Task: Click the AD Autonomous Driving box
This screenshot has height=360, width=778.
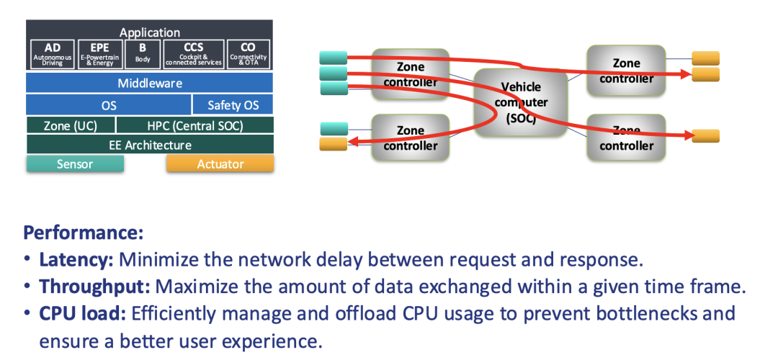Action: coord(53,54)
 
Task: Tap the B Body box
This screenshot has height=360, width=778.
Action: coord(143,54)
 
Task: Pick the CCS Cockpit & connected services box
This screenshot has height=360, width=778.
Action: coord(194,54)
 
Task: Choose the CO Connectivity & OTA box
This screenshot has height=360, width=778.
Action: coord(248,54)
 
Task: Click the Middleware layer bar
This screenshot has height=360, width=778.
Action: coord(150,83)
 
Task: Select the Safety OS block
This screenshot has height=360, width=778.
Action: coord(233,105)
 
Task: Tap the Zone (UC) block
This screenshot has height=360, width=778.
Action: coord(70,125)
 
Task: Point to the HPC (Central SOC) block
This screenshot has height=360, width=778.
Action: coord(194,125)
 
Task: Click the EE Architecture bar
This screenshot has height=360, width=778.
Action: coord(150,145)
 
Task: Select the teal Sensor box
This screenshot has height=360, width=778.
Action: coord(75,164)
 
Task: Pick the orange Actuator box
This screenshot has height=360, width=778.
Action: coord(220,164)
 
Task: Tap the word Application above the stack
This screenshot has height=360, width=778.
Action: coord(150,32)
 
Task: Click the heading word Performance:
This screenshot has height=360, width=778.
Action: coord(84,233)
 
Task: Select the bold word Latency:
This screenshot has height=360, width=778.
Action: coord(77,260)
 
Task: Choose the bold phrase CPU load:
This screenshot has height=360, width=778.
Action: coord(82,313)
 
